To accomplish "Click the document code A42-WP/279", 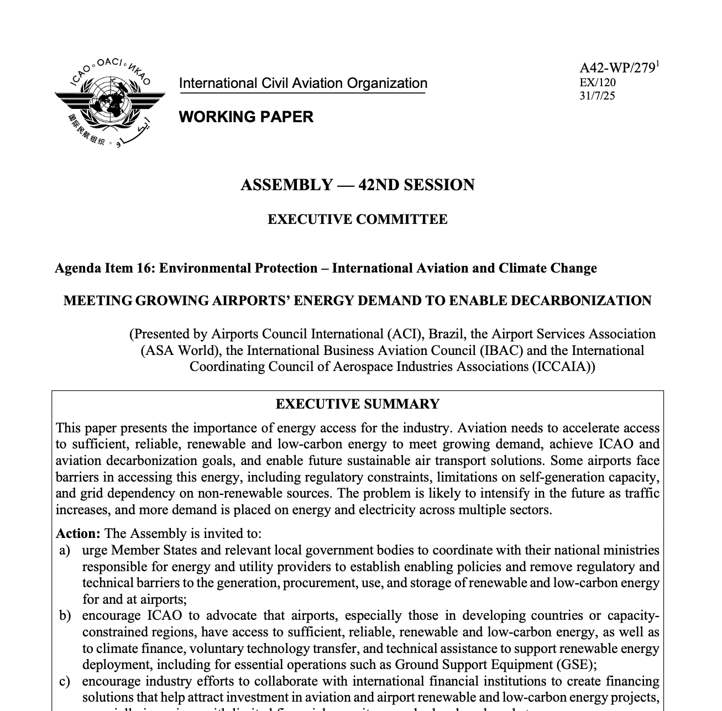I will pyautogui.click(x=617, y=69).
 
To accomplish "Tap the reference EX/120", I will pyautogui.click(x=597, y=83).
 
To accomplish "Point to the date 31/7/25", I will pyautogui.click(x=597, y=96).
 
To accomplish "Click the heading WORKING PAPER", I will pyautogui.click(x=246, y=117).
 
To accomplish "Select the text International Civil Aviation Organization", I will pyautogui.click(x=303, y=83).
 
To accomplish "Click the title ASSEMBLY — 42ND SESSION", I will pyautogui.click(x=358, y=185).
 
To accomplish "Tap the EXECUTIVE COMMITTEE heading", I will pyautogui.click(x=358, y=219).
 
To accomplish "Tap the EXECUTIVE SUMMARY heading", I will pyautogui.click(x=358, y=404).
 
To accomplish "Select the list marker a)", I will pyautogui.click(x=65, y=550).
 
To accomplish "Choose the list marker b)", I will pyautogui.click(x=65, y=615).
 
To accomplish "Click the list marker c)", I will pyautogui.click(x=65, y=681).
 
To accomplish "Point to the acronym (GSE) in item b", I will pyautogui.click(x=582, y=665).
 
